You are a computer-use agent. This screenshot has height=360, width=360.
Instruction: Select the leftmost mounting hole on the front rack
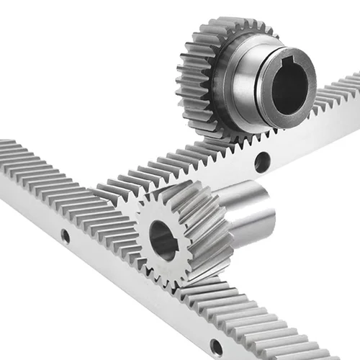point(66,235)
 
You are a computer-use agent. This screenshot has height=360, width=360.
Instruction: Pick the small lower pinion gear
point(180,238)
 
